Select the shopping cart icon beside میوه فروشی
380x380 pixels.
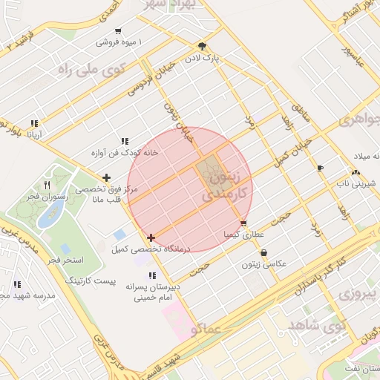[118, 31]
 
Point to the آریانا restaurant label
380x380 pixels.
[35, 135]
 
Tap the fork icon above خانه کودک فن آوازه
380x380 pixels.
[124, 141]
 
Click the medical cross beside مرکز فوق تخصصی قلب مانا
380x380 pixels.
[107, 177]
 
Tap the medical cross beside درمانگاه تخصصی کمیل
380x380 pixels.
[151, 238]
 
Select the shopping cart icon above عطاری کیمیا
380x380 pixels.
[243, 223]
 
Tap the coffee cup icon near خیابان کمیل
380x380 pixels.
[320, 168]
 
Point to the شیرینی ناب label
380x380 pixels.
[358, 182]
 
